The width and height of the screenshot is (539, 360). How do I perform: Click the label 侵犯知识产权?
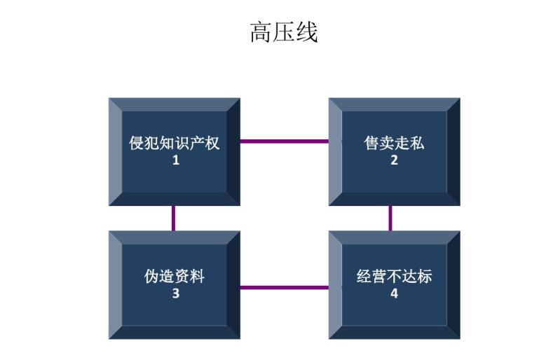tap(175, 144)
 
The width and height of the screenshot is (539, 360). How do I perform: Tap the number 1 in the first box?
tap(175, 160)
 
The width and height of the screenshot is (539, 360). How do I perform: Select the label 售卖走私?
tap(394, 144)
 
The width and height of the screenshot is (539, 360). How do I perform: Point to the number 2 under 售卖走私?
tap(394, 160)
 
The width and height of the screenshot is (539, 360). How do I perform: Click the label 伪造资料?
tap(175, 276)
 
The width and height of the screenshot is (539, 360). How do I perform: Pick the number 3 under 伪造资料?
tap(175, 293)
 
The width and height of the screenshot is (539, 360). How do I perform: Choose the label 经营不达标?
tap(394, 276)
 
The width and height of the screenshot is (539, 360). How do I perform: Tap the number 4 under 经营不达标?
tap(394, 293)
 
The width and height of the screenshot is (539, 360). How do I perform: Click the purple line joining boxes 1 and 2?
tap(284, 141)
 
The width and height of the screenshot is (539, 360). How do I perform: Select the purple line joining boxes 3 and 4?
tap(284, 286)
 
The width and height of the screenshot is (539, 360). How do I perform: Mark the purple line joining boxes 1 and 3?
tap(173, 218)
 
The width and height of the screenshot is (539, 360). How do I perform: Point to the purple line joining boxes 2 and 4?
tap(390, 218)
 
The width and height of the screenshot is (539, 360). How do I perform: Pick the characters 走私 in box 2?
tap(409, 144)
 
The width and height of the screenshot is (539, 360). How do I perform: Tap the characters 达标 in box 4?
tap(417, 276)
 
